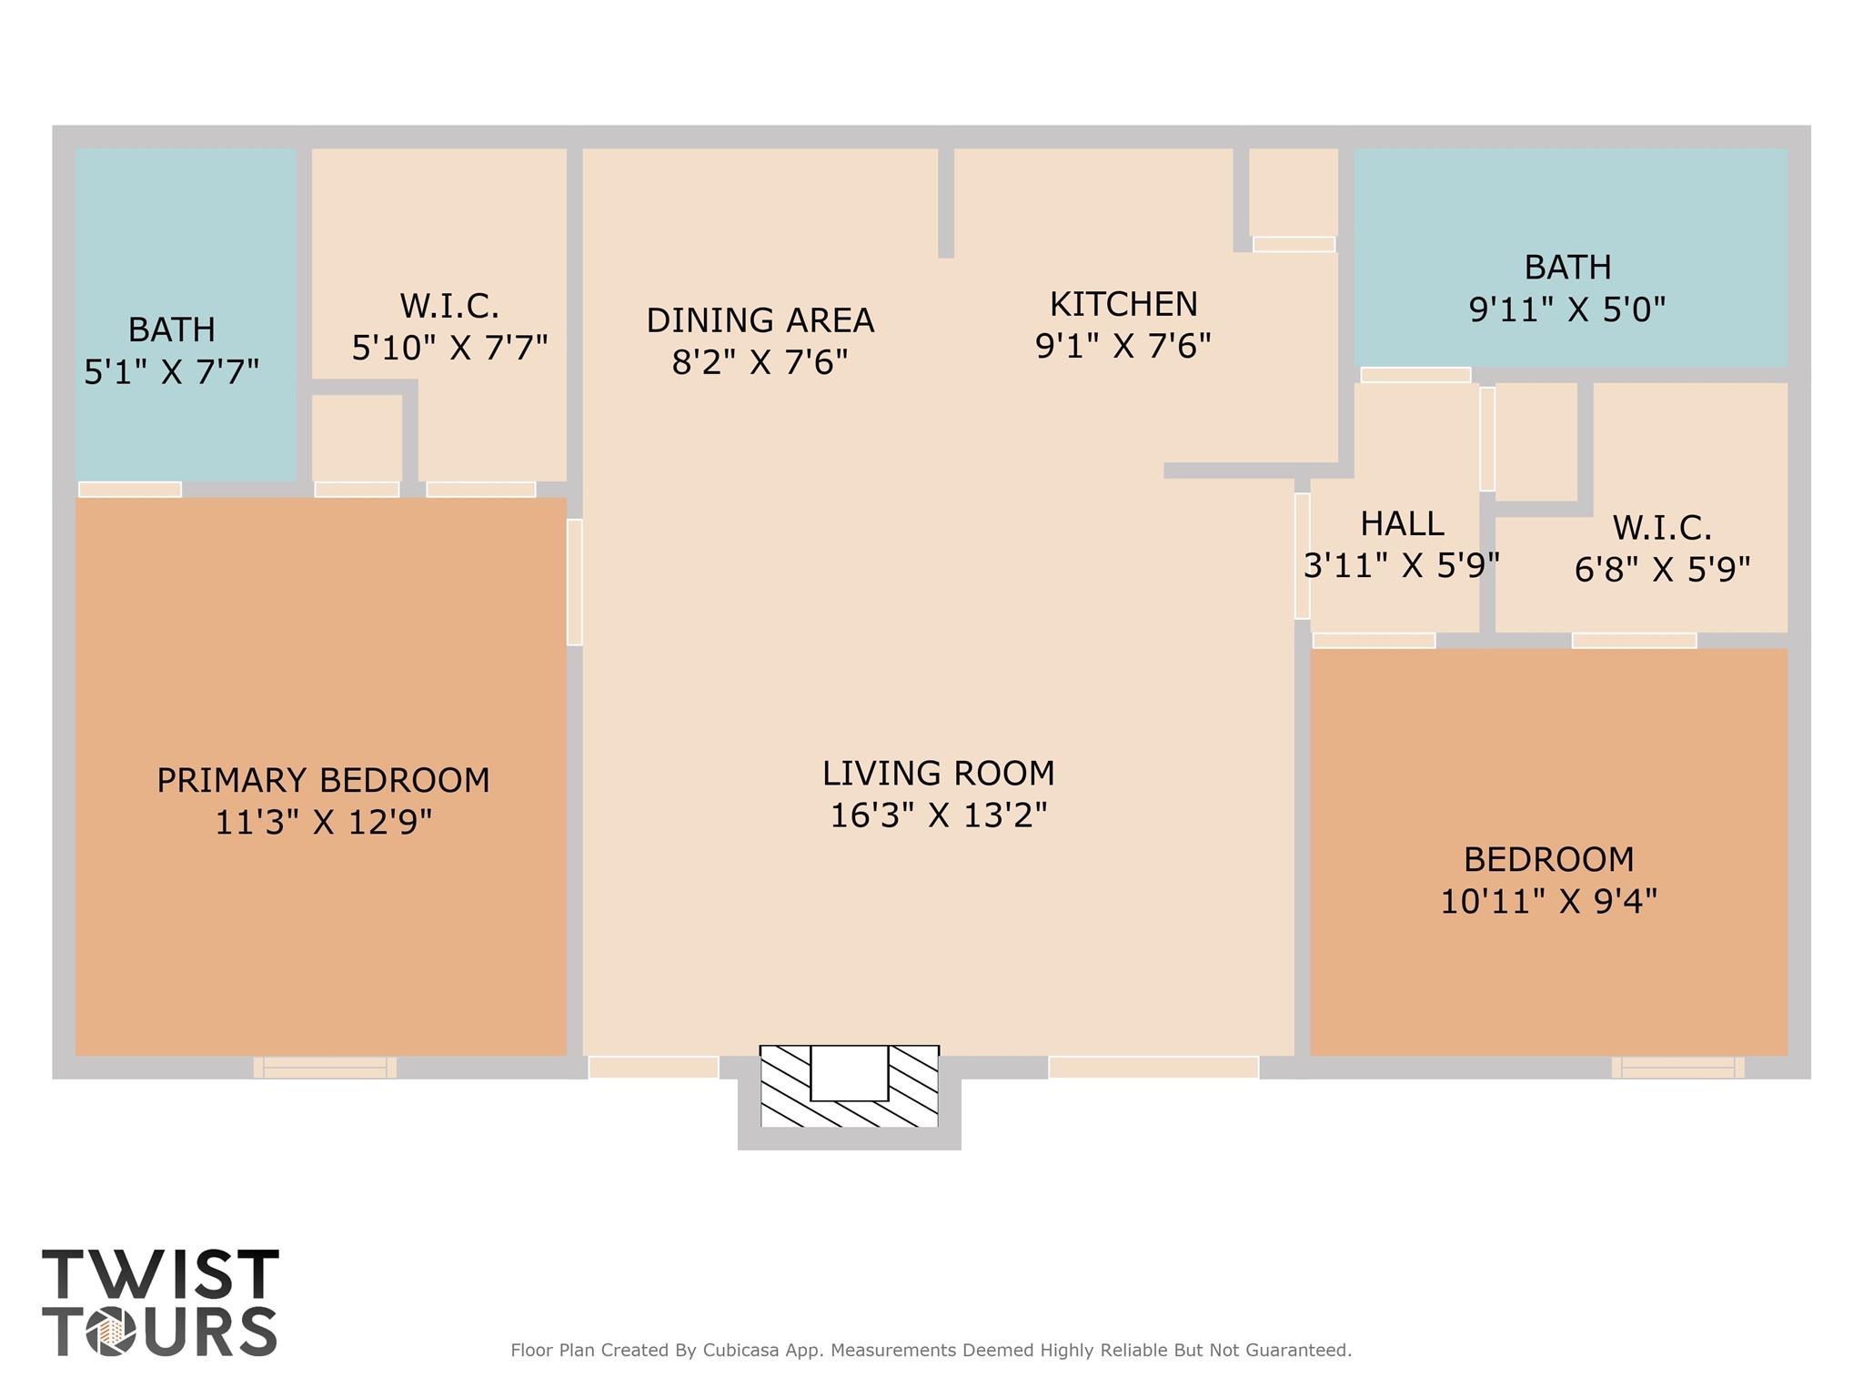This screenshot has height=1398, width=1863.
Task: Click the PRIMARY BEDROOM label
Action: tap(323, 780)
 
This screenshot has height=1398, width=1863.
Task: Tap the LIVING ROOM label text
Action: tap(939, 773)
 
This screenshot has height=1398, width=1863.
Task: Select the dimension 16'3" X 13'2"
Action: tap(939, 815)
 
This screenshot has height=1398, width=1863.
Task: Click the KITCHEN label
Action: tap(1123, 303)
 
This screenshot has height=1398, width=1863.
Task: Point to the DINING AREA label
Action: tap(760, 320)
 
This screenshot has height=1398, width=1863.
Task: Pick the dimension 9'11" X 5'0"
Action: tap(1567, 309)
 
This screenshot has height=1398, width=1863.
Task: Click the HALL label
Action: tap(1402, 523)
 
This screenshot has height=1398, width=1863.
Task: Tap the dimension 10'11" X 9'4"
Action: tap(1549, 901)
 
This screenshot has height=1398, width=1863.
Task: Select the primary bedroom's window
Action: tap(325, 1068)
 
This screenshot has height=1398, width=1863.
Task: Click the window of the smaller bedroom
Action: tap(1678, 1068)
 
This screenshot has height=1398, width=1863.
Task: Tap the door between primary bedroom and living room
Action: tap(575, 582)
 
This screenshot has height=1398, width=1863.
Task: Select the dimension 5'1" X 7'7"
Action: tap(172, 371)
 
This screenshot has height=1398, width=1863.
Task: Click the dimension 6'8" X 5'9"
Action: tap(1662, 570)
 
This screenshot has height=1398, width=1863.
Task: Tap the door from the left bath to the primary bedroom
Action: tap(130, 490)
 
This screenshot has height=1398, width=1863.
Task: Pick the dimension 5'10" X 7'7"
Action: tap(450, 347)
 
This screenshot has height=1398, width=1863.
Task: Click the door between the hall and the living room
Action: tap(1303, 556)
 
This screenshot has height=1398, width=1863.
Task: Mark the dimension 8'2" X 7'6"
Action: tap(760, 362)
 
